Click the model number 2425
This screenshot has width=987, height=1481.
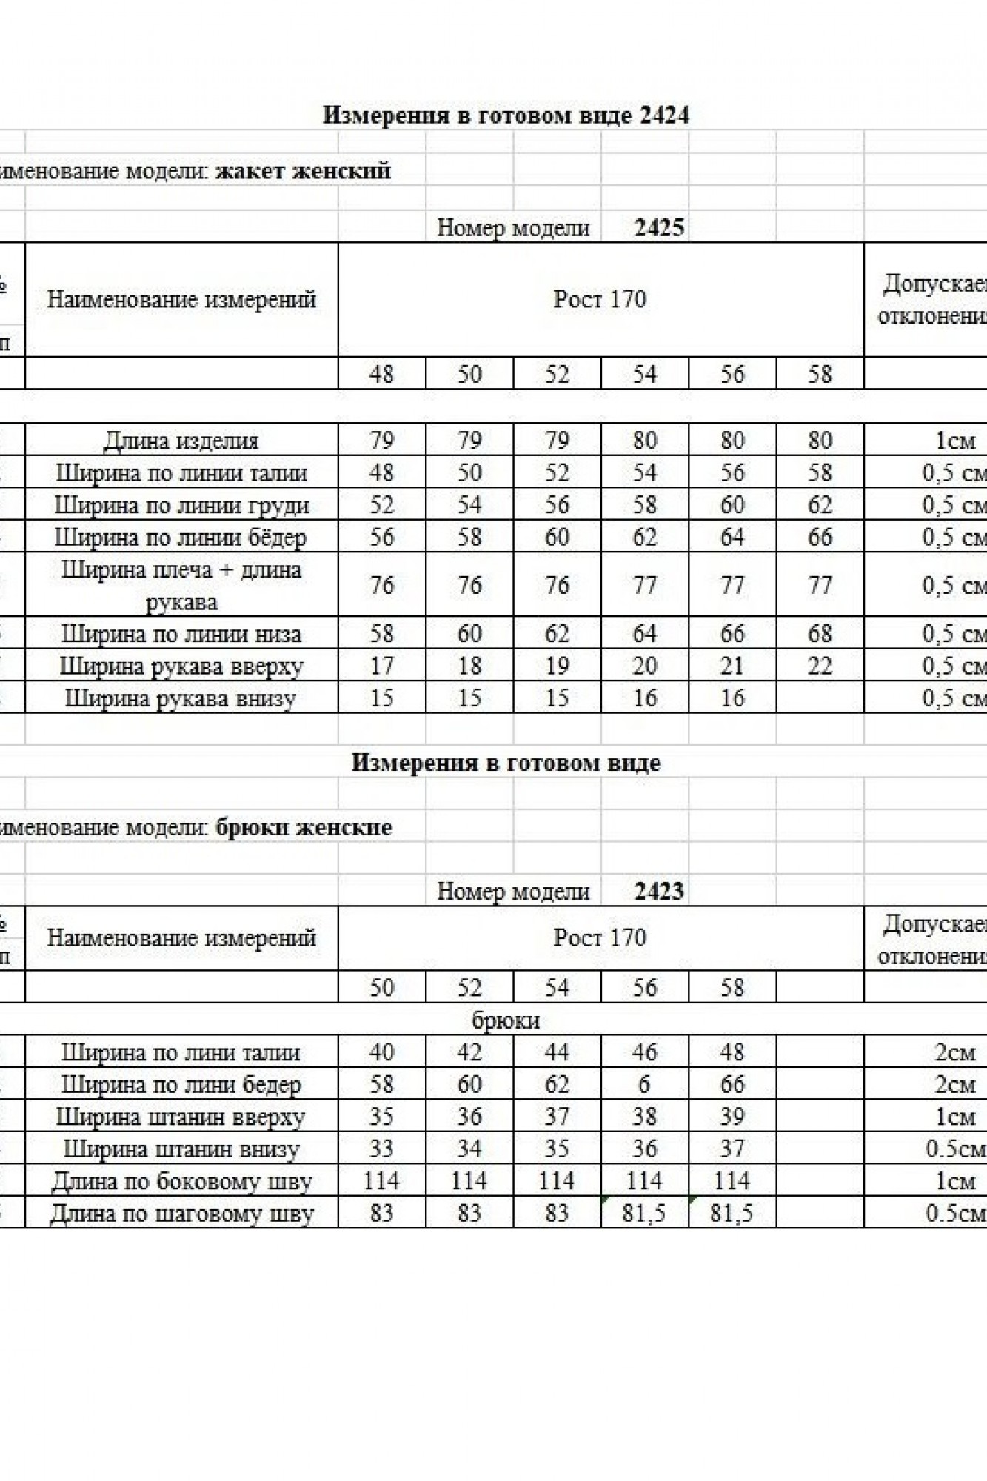(x=659, y=228)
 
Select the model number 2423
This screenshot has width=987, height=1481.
(x=659, y=892)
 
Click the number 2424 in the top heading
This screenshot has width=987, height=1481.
(x=663, y=116)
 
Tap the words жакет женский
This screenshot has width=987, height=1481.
(x=303, y=172)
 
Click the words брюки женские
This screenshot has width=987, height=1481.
(x=304, y=827)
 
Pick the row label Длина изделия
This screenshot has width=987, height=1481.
(x=181, y=441)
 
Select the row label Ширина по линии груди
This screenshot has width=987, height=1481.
(x=181, y=506)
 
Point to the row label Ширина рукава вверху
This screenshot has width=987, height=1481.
(x=181, y=666)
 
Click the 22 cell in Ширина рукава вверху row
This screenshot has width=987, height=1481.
(x=820, y=666)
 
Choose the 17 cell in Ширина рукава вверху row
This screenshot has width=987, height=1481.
(x=381, y=666)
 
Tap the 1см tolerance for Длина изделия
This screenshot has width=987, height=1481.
(x=955, y=441)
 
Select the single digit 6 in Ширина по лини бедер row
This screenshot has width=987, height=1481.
(x=644, y=1085)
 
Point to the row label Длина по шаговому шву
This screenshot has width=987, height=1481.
(x=181, y=1214)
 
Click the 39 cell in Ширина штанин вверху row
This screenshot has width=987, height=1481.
(x=732, y=1117)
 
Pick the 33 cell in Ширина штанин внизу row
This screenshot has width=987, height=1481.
(x=381, y=1149)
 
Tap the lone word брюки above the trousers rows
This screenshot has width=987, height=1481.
(x=506, y=1020)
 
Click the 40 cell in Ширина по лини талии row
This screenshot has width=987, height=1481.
(x=381, y=1052)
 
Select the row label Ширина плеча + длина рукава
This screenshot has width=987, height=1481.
(x=181, y=586)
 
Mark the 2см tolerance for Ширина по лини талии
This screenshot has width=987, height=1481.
(x=955, y=1052)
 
